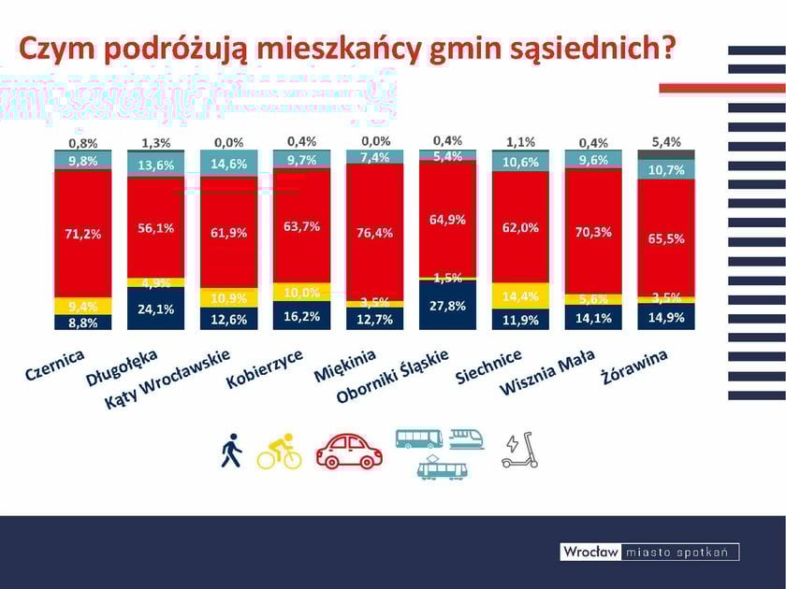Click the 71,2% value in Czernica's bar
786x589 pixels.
[82, 234]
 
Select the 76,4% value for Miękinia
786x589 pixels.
[374, 234]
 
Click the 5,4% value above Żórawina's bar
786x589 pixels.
[665, 142]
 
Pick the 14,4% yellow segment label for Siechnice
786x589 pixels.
[520, 296]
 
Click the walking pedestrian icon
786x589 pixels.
[231, 451]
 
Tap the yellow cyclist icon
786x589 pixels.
[280, 451]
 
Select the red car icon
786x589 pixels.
[349, 451]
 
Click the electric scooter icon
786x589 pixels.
[520, 451]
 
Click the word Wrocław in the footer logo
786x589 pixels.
[590, 553]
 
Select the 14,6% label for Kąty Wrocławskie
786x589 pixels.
[228, 163]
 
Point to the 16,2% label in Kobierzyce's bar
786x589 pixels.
[301, 317]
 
